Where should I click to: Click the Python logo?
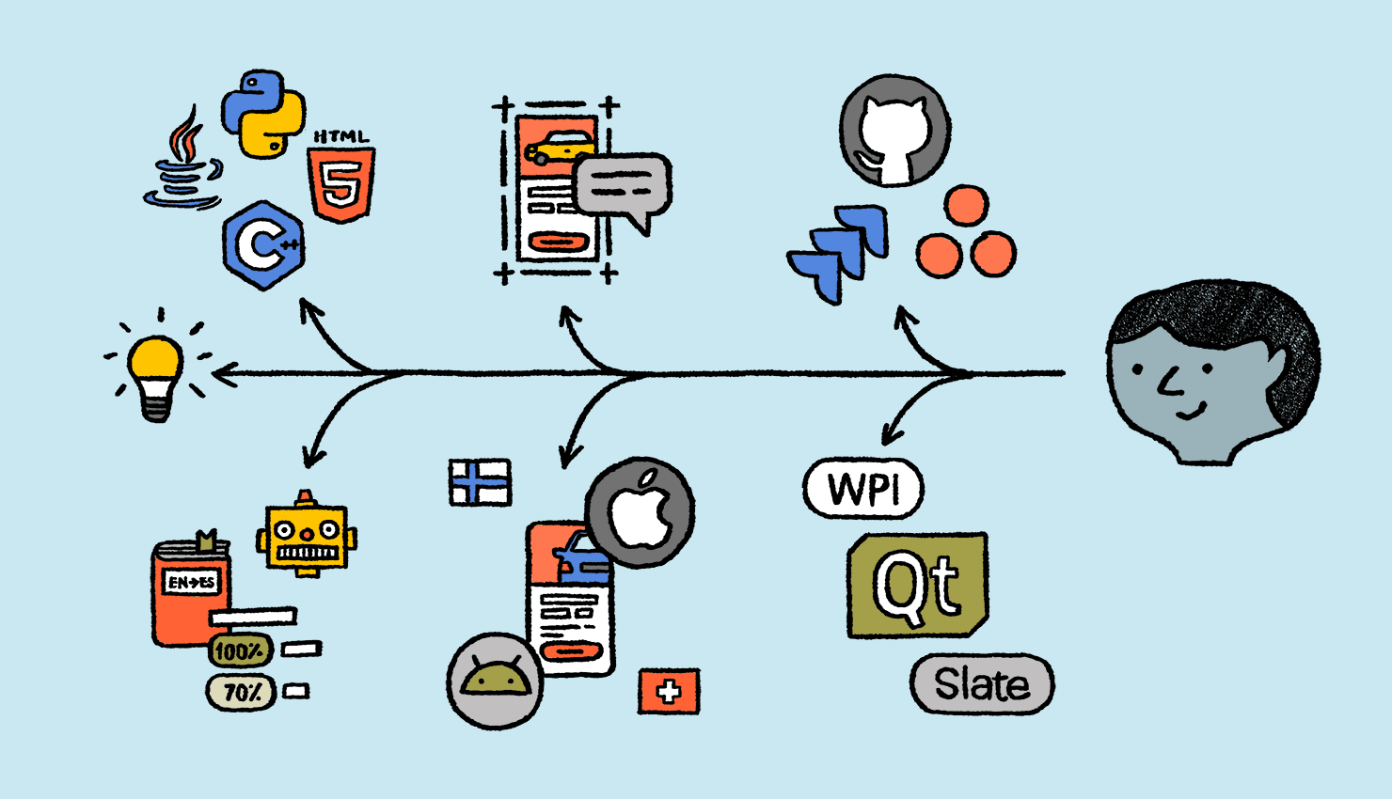[x=262, y=113]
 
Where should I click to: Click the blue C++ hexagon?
[x=264, y=244]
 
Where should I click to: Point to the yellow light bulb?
[x=156, y=371]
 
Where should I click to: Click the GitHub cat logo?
[x=894, y=131]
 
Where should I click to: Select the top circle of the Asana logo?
[x=966, y=206]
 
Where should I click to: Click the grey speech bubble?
[x=623, y=186]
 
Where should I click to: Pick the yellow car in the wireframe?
[x=560, y=148]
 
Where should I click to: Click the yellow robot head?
[x=307, y=536]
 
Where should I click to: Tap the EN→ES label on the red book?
[x=192, y=582]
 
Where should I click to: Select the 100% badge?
[x=239, y=650]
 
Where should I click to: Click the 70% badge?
[x=241, y=693]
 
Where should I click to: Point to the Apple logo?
[x=640, y=513]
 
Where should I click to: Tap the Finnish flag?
[x=480, y=482]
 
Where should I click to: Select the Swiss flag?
[x=669, y=693]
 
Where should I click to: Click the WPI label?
[x=862, y=489]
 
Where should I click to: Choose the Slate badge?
[x=981, y=684]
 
